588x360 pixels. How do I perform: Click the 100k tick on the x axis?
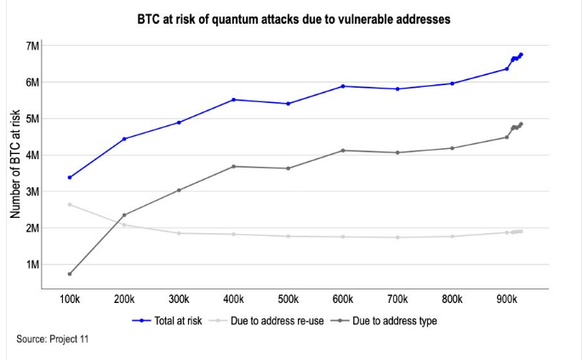point(70,300)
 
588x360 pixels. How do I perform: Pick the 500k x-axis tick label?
point(288,300)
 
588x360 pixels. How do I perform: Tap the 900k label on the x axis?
point(507,300)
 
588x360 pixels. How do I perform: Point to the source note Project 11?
point(52,340)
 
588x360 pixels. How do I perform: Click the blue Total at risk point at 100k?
point(70,177)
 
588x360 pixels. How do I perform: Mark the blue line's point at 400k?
point(234,100)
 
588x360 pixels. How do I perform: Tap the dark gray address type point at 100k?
point(70,274)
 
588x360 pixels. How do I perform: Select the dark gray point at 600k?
point(343,151)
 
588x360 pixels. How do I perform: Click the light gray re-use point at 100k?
point(70,204)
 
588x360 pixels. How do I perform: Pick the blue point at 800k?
point(453,83)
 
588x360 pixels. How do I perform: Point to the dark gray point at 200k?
point(124,214)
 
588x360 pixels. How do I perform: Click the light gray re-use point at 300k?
point(179,233)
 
